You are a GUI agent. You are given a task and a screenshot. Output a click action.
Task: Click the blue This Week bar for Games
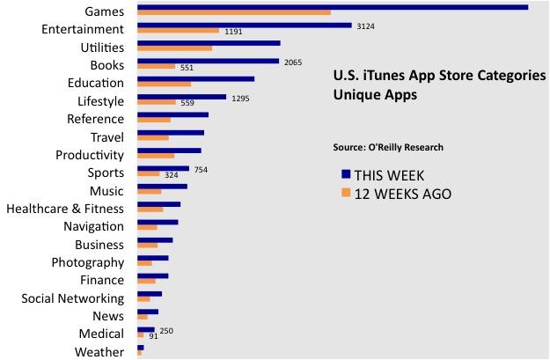pos(333,7)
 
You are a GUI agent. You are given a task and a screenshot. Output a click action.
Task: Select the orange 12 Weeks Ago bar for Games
pos(234,12)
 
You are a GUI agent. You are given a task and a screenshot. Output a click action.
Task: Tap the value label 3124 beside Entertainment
pos(366,26)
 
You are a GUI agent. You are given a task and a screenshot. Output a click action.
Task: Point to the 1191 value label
pos(233,32)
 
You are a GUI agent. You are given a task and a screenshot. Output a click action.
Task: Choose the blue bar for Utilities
pos(209,42)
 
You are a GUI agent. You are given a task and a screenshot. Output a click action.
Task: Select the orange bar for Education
pos(164,84)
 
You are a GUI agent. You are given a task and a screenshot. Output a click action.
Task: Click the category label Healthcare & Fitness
pos(65,209)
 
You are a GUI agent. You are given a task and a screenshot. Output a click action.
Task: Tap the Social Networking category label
pos(73,298)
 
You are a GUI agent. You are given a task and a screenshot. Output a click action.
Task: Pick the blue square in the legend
pos(346,174)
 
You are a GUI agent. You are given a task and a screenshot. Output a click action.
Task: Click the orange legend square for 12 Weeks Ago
pos(346,193)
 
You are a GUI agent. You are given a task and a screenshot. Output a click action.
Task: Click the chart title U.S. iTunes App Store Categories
pos(439,76)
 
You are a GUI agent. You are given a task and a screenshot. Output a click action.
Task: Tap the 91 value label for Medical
pos(153,336)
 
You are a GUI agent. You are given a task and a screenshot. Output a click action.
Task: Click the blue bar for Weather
pos(141,348)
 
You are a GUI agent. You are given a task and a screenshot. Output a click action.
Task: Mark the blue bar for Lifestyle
pos(181,97)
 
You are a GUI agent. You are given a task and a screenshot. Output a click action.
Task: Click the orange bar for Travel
pos(153,138)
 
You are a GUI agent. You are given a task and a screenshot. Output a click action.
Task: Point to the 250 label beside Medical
pos(166,330)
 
